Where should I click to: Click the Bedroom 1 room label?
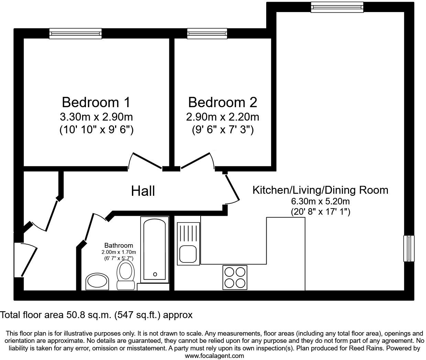96,102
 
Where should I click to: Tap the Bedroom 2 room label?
223,102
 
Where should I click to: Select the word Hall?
143,191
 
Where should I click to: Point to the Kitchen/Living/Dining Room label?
320,190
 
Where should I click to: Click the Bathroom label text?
119,245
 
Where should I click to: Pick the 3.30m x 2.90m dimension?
96,117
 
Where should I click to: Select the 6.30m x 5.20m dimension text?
320,201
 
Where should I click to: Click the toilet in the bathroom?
125,275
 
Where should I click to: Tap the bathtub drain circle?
155,274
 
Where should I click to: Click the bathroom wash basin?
97,281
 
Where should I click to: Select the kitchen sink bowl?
188,254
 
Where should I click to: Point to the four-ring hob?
235,277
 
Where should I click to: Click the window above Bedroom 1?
76,34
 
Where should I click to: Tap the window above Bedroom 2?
207,34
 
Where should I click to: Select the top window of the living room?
337,7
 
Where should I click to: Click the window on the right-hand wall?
409,248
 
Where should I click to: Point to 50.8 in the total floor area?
76,315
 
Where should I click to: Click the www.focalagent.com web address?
214,356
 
